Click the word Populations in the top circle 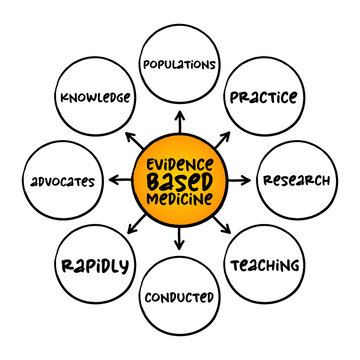click(180, 65)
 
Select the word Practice click(264, 98)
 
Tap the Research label click(297, 181)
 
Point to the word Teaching click(264, 265)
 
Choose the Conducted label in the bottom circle click(180, 297)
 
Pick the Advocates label click(63, 182)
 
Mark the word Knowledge click(96, 98)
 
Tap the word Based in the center click(180, 181)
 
